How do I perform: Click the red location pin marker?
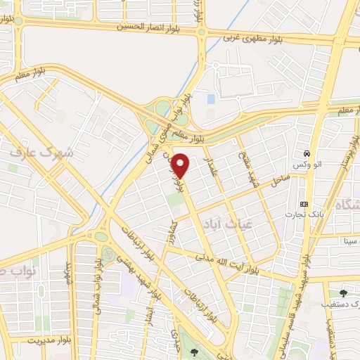[x=180, y=165]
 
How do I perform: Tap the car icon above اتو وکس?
[x=308, y=154]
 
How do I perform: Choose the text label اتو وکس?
[x=308, y=165]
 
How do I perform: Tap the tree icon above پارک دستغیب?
[x=343, y=293]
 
